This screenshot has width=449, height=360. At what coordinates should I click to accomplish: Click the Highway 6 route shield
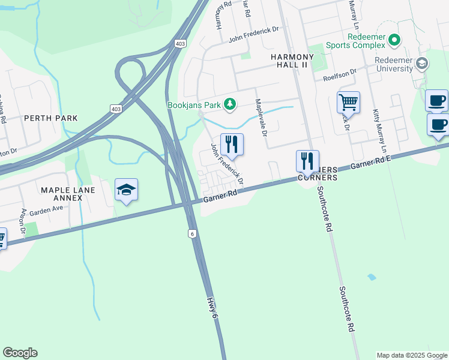pyautogui.click(x=192, y=233)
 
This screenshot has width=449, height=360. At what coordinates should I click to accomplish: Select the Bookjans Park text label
pyautogui.click(x=194, y=105)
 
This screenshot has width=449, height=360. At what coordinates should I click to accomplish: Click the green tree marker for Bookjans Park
pyautogui.click(x=229, y=104)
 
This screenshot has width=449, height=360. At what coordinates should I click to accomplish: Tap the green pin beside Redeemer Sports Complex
pyautogui.click(x=394, y=41)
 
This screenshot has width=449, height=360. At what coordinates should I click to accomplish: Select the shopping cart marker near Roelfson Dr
pyautogui.click(x=348, y=103)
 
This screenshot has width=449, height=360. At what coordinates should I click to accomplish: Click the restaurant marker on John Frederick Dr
pyautogui.click(x=231, y=145)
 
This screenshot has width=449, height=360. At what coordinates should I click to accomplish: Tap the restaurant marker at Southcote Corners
pyautogui.click(x=307, y=161)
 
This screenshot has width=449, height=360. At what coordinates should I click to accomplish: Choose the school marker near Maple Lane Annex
pyautogui.click(x=126, y=190)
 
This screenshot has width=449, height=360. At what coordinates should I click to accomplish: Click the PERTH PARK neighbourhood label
pyautogui.click(x=51, y=118)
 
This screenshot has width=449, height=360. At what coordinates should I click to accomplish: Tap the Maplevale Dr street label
pyautogui.click(x=261, y=118)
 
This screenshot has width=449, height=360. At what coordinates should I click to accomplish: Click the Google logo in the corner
pyautogui.click(x=20, y=353)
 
